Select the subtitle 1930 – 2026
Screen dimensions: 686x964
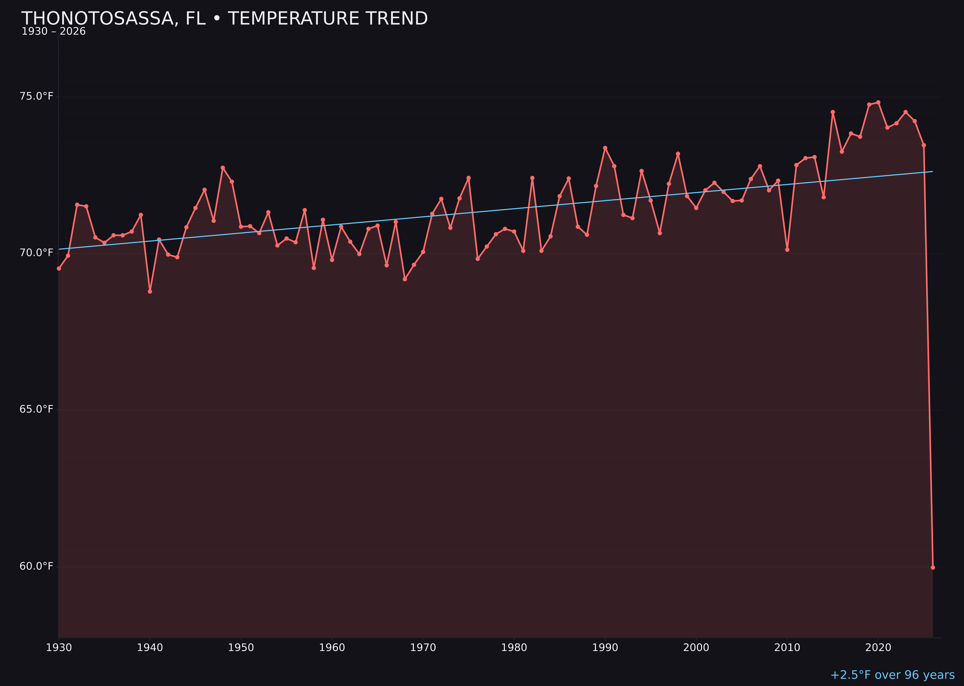point(54,32)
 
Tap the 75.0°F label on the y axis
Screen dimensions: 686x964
point(36,96)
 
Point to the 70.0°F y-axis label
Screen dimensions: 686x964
point(36,253)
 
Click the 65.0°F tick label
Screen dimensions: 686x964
point(36,409)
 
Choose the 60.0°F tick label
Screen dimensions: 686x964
point(36,566)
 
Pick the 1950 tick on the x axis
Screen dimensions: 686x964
point(241,648)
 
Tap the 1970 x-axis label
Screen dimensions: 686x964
point(423,648)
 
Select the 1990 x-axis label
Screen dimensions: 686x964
point(605,648)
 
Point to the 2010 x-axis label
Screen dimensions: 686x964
point(787,648)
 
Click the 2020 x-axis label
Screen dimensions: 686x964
point(878,648)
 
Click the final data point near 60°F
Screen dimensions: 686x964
point(933,567)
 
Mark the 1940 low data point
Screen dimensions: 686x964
point(150,291)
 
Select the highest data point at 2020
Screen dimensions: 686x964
point(878,102)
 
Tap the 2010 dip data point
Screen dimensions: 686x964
point(787,250)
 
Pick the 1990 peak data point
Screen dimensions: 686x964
point(605,148)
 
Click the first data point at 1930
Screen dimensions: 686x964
point(59,268)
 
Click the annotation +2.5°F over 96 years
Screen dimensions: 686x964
point(892,675)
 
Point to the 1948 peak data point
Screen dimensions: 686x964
point(223,168)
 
